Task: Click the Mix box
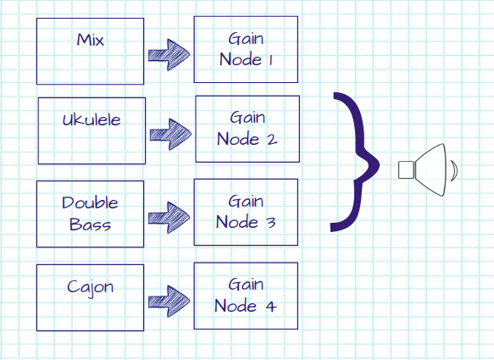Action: [x=90, y=50]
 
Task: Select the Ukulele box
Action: [x=92, y=130]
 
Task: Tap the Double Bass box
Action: [x=90, y=213]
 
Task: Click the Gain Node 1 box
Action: [x=247, y=49]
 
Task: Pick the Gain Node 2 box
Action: [x=247, y=129]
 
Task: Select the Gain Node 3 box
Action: [x=247, y=212]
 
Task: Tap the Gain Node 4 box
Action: [x=247, y=296]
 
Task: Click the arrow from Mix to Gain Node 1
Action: [x=169, y=53]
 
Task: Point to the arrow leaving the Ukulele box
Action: [x=169, y=133]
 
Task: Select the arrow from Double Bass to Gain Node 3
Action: [x=169, y=216]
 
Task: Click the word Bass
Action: [x=90, y=225]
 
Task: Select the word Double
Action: [x=90, y=203]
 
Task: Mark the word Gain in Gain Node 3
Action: [x=246, y=202]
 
